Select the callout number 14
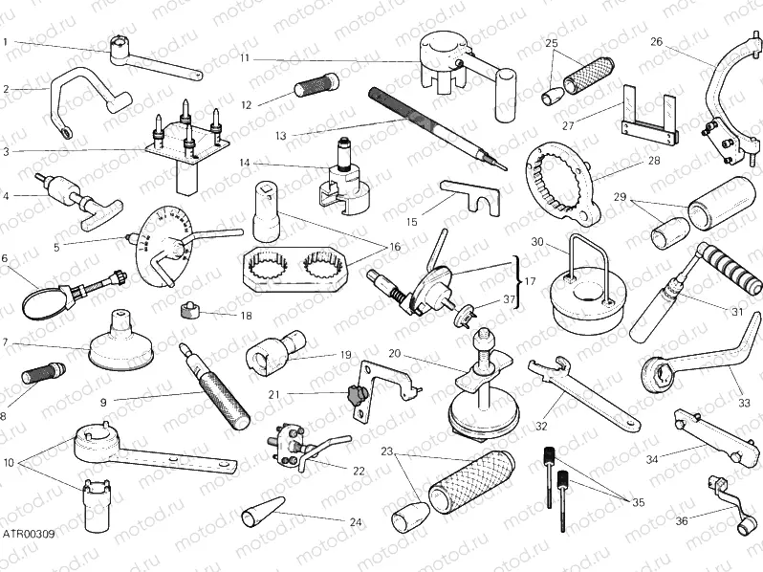click(x=245, y=163)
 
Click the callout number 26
click(x=656, y=41)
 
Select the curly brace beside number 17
click(x=518, y=271)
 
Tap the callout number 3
click(x=6, y=150)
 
